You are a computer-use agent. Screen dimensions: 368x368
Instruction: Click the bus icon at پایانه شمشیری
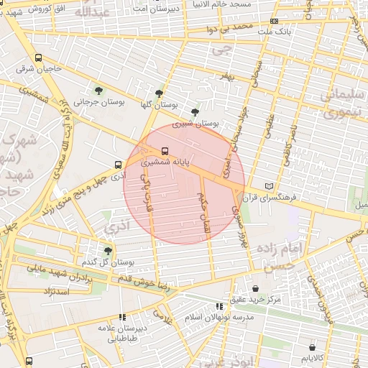click(165, 151)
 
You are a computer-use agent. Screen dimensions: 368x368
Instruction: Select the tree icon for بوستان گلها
click(159, 93)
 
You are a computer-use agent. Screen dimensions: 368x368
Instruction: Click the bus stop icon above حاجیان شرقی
click(38, 58)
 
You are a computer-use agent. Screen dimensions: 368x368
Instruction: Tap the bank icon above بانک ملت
click(273, 22)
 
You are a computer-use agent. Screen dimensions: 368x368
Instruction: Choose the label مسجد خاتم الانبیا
click(220, 4)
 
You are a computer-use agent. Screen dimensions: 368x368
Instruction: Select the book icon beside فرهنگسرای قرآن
click(270, 185)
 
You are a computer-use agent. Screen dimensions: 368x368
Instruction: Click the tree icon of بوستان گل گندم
click(108, 250)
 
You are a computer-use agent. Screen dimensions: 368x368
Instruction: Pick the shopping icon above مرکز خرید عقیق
click(255, 288)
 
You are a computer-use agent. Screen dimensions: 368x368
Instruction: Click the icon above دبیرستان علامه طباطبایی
click(122, 316)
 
